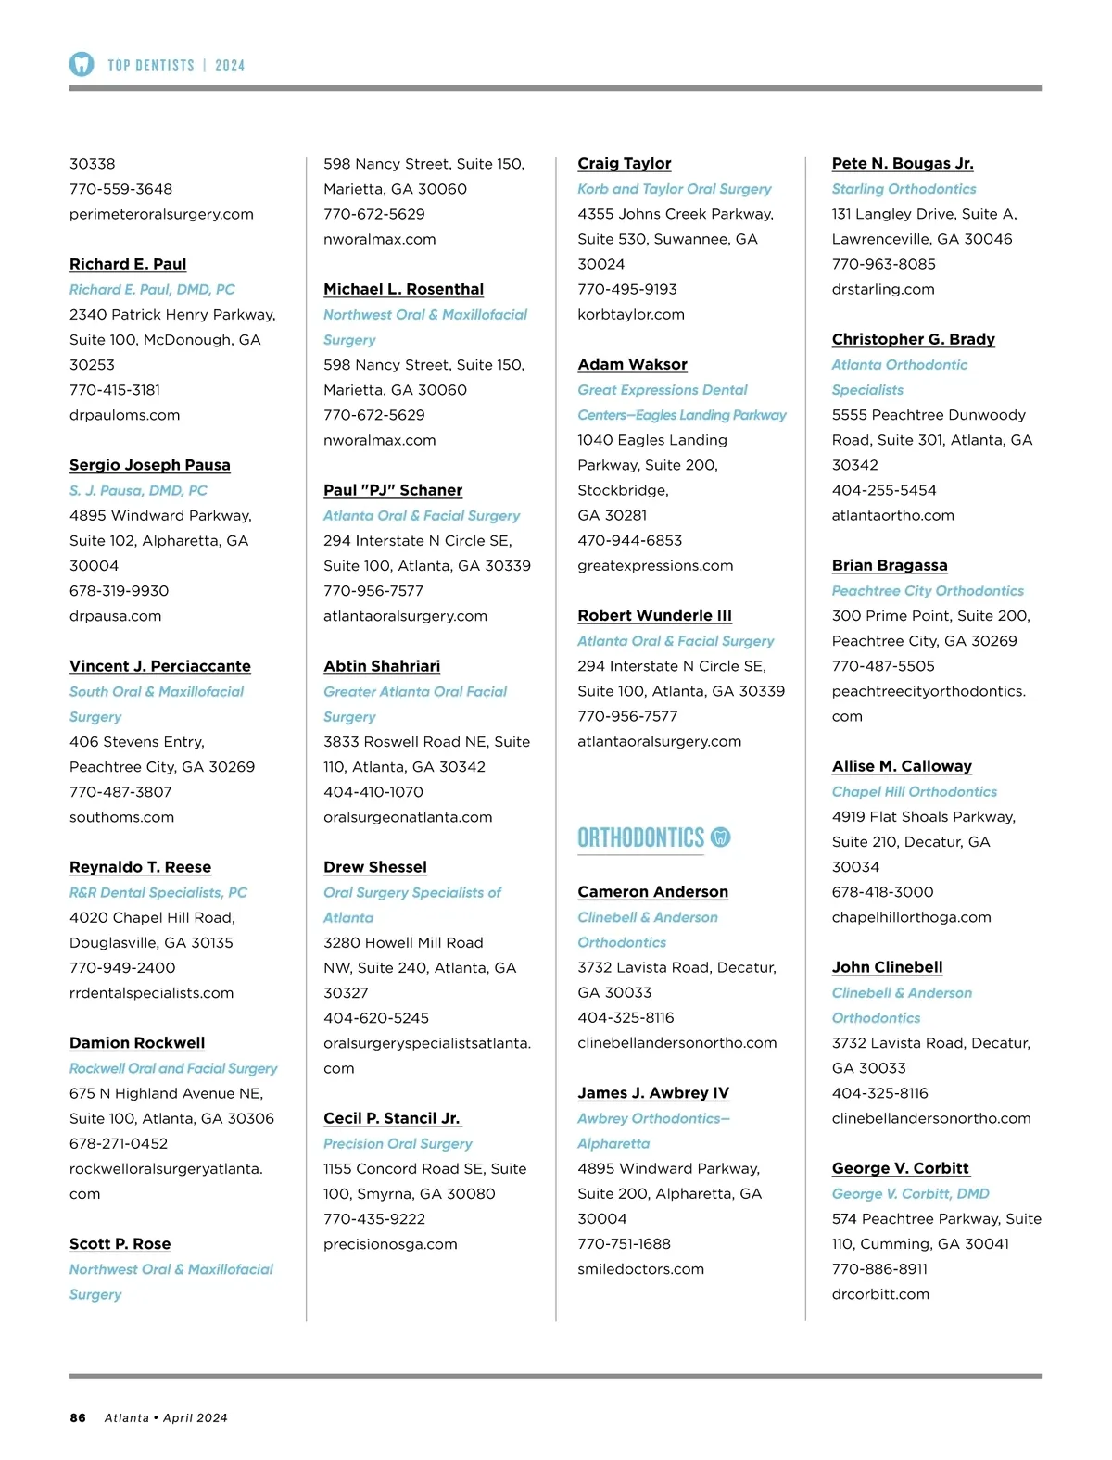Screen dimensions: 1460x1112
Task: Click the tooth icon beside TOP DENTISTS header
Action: [82, 64]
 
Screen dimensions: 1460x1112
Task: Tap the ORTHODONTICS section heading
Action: [640, 838]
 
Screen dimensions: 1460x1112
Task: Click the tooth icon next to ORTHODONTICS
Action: [720, 837]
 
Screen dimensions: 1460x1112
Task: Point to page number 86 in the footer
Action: [78, 1417]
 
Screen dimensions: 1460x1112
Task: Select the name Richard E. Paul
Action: [128, 264]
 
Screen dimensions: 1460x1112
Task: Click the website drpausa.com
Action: [115, 616]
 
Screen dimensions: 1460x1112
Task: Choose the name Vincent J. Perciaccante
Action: [159, 666]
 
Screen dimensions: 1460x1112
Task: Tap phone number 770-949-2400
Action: [122, 967]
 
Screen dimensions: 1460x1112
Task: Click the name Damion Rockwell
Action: [137, 1043]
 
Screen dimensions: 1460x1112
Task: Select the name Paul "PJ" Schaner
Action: [393, 490]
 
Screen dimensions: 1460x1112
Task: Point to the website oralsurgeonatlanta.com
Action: [408, 817]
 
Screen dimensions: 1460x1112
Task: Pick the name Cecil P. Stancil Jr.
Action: [391, 1118]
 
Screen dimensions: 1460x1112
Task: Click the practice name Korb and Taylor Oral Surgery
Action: [674, 189]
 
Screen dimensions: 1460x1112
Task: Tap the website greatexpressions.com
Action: [655, 565]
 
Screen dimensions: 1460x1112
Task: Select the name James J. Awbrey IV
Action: [653, 1093]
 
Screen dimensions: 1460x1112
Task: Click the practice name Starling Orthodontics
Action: [903, 189]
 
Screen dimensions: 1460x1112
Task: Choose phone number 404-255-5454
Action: [884, 490]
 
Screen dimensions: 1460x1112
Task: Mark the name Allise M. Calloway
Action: [902, 766]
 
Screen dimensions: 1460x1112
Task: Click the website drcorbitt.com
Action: [880, 1294]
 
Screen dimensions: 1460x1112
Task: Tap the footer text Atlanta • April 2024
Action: [166, 1417]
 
